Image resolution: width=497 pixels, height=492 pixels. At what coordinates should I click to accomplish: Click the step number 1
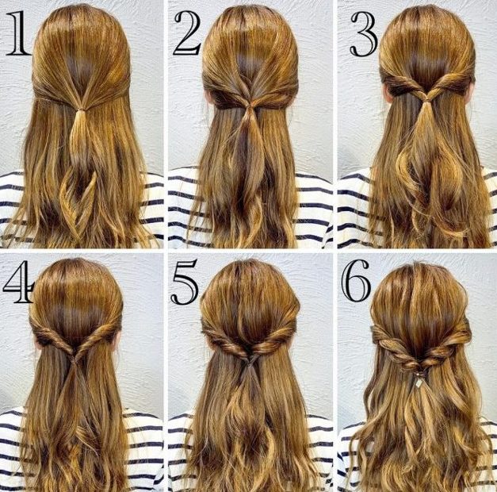pyautogui.click(x=19, y=33)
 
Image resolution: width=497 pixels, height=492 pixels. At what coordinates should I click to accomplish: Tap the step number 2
pyautogui.click(x=188, y=33)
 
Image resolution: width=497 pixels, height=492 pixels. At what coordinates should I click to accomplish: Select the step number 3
pyautogui.click(x=364, y=34)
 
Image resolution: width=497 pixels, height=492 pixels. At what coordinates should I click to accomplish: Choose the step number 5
pyautogui.click(x=185, y=282)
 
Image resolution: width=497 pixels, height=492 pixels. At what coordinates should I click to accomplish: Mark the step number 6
pyautogui.click(x=356, y=281)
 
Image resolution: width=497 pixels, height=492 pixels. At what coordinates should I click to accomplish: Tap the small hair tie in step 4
pyautogui.click(x=75, y=359)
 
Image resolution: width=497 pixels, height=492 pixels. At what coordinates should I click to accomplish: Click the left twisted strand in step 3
pyautogui.click(x=403, y=85)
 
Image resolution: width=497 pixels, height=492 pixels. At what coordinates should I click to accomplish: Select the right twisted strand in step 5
pyautogui.click(x=272, y=340)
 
